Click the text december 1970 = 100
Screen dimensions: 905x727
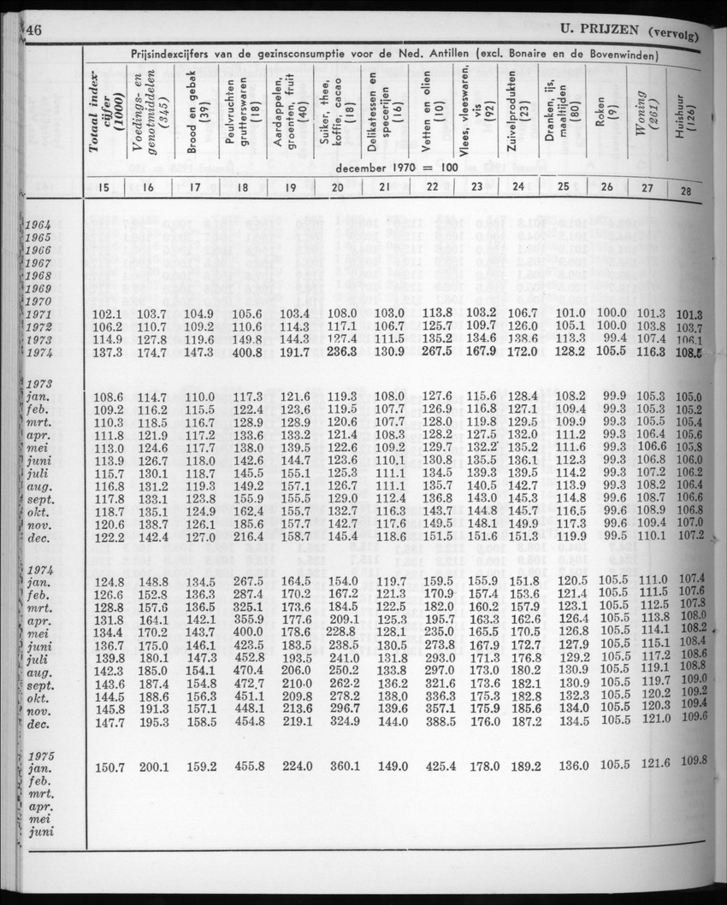point(397,167)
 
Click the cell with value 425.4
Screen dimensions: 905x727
point(438,767)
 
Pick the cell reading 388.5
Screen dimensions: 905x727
point(438,723)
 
